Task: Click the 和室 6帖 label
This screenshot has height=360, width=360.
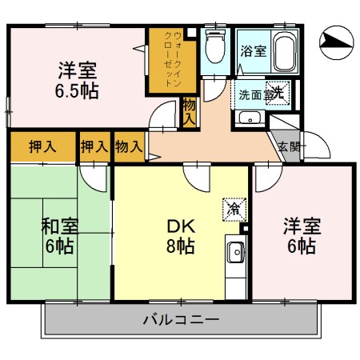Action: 58,236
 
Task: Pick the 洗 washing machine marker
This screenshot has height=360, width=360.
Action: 278,92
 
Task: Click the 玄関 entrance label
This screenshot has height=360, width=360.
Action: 289,146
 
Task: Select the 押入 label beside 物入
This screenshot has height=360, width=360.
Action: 94,146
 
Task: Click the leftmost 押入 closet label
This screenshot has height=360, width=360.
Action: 42,146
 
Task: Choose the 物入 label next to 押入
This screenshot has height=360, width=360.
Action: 129,146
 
